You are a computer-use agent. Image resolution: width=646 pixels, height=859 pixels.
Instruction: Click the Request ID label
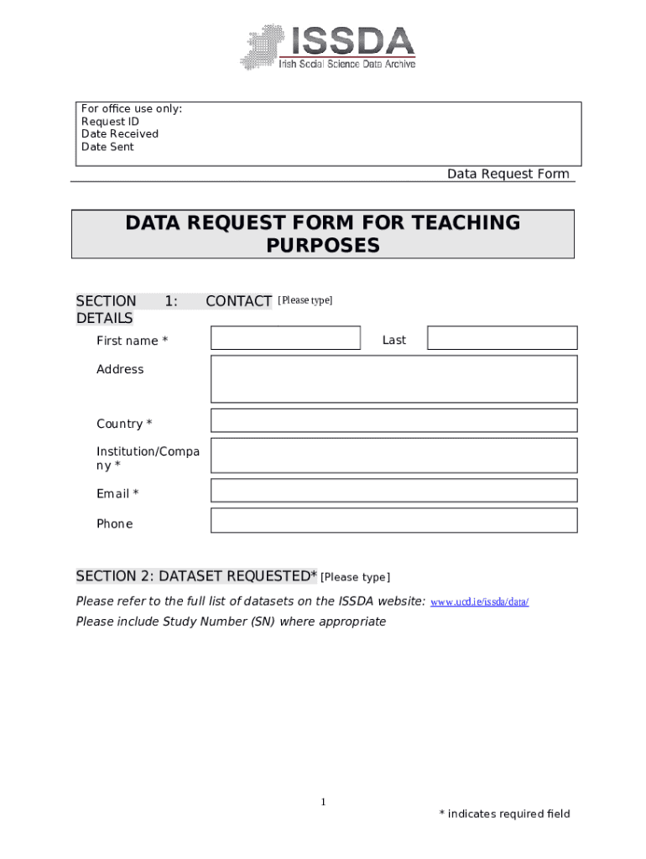pyautogui.click(x=110, y=122)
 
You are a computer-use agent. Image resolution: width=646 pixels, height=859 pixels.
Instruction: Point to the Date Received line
pyautogui.click(x=119, y=134)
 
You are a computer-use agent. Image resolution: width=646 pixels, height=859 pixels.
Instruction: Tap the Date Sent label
pyautogui.click(x=107, y=147)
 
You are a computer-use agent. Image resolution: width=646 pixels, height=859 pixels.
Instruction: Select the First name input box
pyautogui.click(x=285, y=338)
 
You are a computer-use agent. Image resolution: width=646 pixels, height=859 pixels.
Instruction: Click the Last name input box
pyautogui.click(x=502, y=338)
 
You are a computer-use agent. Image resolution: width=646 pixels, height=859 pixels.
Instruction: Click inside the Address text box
pyautogui.click(x=393, y=379)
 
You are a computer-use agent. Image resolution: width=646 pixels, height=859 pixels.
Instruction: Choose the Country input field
pyautogui.click(x=393, y=420)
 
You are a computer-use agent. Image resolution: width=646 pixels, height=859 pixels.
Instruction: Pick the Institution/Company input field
pyautogui.click(x=393, y=456)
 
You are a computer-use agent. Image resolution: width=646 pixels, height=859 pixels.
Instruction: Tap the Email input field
pyautogui.click(x=393, y=491)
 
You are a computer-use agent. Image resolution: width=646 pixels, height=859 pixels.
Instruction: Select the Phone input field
pyautogui.click(x=393, y=520)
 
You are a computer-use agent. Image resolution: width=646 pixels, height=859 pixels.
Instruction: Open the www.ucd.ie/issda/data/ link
pyautogui.click(x=479, y=602)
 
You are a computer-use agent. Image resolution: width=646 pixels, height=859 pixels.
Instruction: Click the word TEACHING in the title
pyautogui.click(x=464, y=223)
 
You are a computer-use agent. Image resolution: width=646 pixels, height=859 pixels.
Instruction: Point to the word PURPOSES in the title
pyautogui.click(x=323, y=246)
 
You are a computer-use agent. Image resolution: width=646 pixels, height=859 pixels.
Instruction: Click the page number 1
pyautogui.click(x=323, y=803)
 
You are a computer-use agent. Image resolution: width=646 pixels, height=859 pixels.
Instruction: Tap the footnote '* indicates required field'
pyautogui.click(x=504, y=814)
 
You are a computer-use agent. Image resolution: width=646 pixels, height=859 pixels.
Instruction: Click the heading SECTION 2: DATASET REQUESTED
pyautogui.click(x=196, y=576)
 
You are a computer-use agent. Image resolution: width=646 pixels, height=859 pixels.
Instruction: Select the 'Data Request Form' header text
pyautogui.click(x=508, y=174)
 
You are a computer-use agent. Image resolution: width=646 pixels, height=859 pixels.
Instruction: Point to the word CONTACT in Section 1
pyautogui.click(x=238, y=301)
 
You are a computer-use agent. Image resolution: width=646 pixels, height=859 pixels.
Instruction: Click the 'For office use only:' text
pyautogui.click(x=132, y=109)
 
